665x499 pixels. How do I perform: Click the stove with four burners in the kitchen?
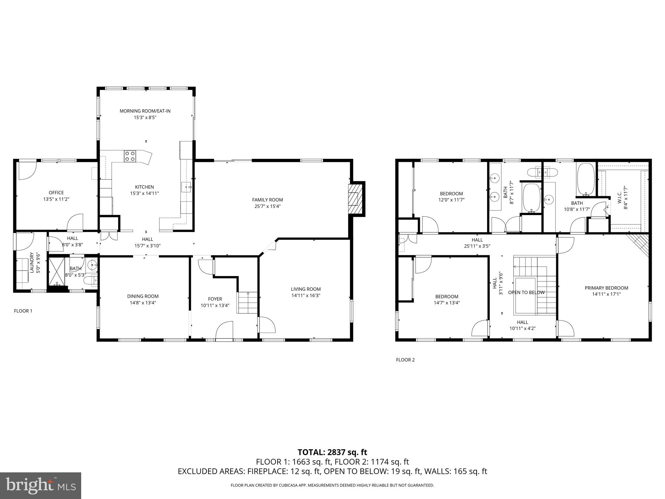(130, 156)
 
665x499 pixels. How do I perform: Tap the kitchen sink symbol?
(186, 187)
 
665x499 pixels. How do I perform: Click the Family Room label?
(268, 200)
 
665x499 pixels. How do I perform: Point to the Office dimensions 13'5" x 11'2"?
(56, 199)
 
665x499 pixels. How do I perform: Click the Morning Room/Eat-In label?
(145, 111)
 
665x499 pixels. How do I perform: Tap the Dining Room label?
(143, 296)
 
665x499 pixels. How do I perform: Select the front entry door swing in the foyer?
(224, 330)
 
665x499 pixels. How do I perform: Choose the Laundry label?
(32, 262)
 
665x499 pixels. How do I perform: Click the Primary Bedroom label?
(606, 288)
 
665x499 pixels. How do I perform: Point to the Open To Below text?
(526, 292)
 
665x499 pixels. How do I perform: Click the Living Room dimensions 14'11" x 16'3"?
(306, 296)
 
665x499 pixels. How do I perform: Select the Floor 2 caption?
(405, 360)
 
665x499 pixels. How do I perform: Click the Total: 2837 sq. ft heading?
(332, 452)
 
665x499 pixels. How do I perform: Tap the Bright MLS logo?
(41, 486)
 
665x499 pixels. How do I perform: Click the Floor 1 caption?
(23, 311)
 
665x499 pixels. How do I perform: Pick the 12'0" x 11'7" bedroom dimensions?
(451, 200)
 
